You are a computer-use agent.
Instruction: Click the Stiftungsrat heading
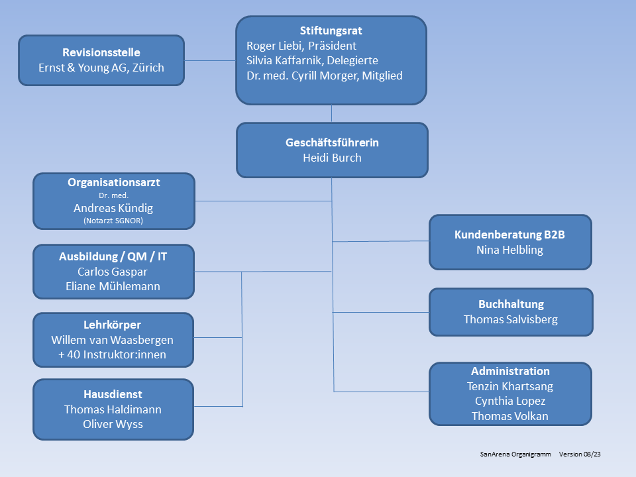point(331,31)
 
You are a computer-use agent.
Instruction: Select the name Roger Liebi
point(272,46)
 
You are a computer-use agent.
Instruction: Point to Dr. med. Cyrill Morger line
point(325,76)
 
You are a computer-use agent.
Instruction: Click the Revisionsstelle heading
point(101,52)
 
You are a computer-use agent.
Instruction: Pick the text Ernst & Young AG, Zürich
point(101,68)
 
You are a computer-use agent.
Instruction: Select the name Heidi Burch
point(332,158)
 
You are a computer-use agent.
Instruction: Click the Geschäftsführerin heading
point(332,142)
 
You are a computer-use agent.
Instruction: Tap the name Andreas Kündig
point(113,208)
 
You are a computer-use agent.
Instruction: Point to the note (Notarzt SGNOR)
point(113,221)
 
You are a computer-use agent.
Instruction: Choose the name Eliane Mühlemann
point(113,286)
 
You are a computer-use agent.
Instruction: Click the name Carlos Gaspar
point(113,272)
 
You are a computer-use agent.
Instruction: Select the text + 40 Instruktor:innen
point(113,354)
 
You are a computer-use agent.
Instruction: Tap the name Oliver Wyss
point(113,424)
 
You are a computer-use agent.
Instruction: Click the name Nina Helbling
point(510,250)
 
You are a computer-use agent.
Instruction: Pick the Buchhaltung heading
point(511,304)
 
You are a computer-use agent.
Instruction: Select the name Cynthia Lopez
point(510,401)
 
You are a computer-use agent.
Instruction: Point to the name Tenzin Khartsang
point(510,386)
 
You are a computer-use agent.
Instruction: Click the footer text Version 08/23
point(580,454)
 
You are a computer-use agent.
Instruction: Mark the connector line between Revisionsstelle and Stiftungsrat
point(210,61)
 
